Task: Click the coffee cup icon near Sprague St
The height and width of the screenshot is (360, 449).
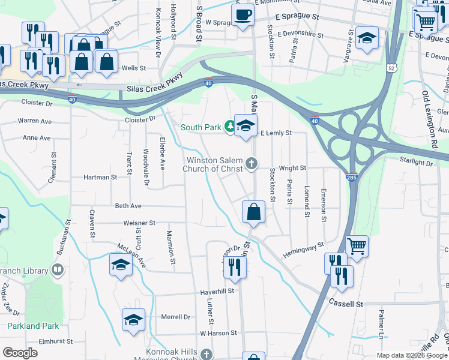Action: click(243, 14)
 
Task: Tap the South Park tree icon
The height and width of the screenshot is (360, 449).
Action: click(229, 127)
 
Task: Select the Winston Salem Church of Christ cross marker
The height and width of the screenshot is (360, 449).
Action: click(252, 163)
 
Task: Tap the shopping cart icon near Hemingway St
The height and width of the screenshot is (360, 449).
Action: click(357, 245)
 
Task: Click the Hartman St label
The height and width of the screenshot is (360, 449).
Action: click(100, 178)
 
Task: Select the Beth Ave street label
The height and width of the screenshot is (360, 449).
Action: click(128, 206)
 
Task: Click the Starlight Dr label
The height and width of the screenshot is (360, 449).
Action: click(417, 160)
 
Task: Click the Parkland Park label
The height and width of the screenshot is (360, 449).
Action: click(33, 326)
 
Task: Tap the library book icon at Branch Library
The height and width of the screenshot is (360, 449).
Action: click(57, 271)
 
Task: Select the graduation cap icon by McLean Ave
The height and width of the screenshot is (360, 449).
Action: click(121, 264)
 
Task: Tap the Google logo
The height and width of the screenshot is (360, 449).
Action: click(20, 353)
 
